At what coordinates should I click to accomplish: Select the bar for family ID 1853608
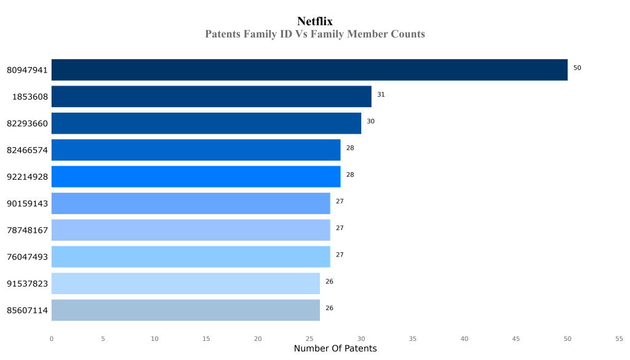click(211, 97)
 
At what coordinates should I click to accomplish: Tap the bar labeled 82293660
click(206, 123)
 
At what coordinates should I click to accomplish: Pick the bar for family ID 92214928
click(196, 177)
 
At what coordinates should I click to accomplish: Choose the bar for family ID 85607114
click(185, 310)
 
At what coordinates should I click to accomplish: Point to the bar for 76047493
click(191, 257)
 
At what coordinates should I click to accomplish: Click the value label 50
click(577, 68)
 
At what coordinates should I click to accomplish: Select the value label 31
click(381, 94)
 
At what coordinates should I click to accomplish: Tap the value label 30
click(370, 121)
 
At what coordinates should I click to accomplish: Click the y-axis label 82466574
click(27, 150)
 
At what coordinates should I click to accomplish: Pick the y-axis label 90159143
click(27, 204)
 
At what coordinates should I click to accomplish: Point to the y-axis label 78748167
click(27, 230)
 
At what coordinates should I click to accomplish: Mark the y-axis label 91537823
click(27, 284)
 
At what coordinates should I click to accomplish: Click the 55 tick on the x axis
click(619, 338)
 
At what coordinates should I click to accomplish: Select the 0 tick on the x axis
click(51, 338)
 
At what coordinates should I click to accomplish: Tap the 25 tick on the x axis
click(309, 338)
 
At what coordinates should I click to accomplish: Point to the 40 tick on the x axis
click(465, 338)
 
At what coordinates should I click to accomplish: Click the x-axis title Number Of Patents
click(335, 349)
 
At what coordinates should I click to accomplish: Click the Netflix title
click(314, 22)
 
